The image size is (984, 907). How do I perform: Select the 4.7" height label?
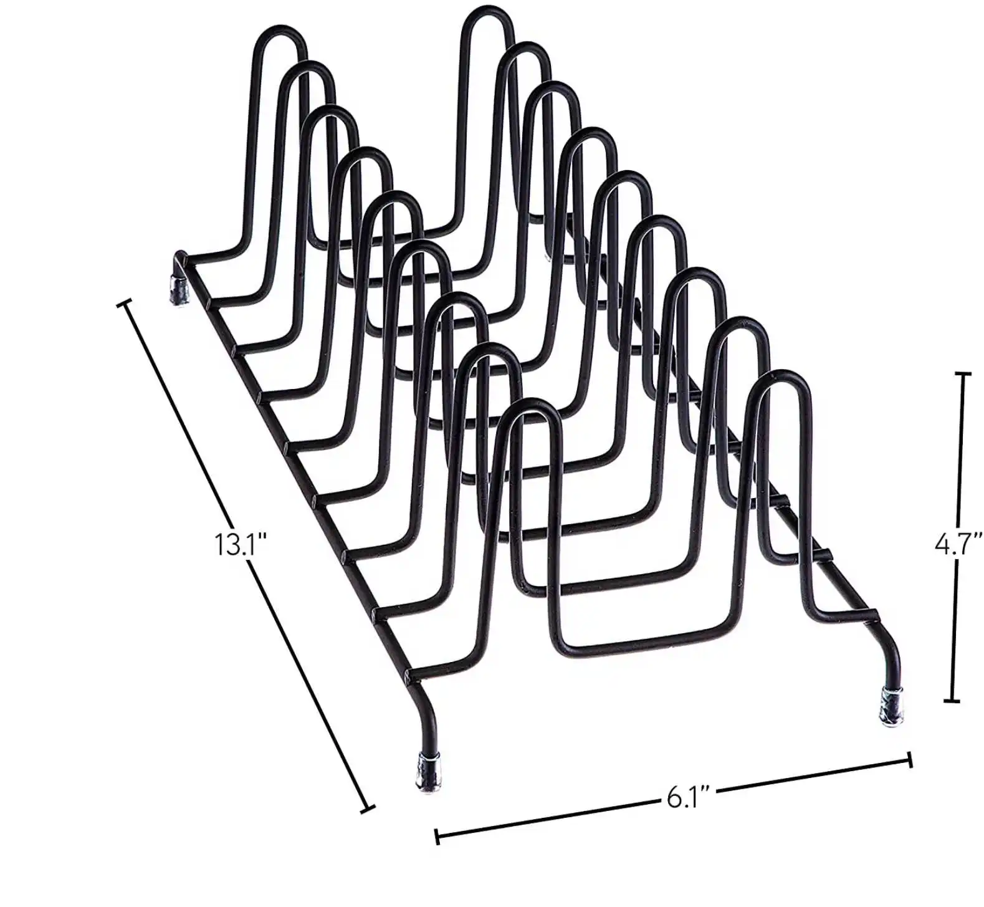coord(958,544)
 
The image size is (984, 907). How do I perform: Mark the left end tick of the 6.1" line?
coord(437,835)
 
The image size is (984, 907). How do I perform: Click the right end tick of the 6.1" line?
coord(910,759)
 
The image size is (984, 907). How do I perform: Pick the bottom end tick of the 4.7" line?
coord(952,701)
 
